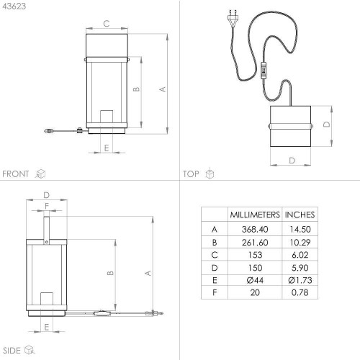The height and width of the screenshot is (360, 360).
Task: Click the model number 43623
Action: point(14,6)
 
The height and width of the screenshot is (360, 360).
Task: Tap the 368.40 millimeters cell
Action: point(255,229)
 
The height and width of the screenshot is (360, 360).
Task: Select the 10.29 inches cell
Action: point(300,243)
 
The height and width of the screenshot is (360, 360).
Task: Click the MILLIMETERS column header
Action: point(255,215)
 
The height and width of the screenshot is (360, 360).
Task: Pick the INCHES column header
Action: point(300,215)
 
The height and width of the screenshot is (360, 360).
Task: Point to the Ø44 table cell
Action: point(255,280)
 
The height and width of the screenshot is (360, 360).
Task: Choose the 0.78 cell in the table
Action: point(300,292)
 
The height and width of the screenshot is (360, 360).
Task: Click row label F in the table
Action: point(215,292)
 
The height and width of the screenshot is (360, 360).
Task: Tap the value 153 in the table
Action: point(255,255)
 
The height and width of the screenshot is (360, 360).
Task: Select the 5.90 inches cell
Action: point(300,268)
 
